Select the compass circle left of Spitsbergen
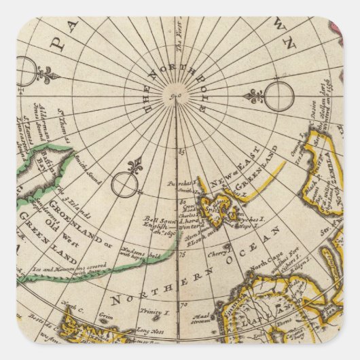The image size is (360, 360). click(124, 184)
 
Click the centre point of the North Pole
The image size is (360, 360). click(176, 98)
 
